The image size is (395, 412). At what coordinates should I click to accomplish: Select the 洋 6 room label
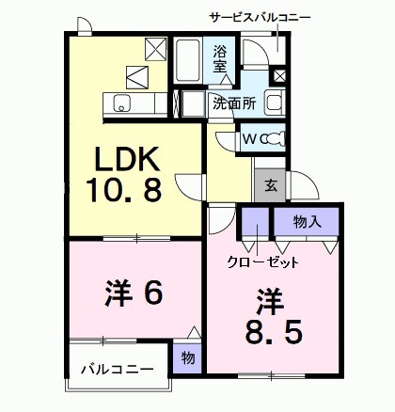pos(133,293)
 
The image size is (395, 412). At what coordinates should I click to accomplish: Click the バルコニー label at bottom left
pos(116,368)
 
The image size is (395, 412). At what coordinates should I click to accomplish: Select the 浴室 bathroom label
pos(219,58)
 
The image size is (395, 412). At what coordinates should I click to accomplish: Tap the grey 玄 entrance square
pos(269,185)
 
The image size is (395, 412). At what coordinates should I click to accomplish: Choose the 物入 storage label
pos(307,223)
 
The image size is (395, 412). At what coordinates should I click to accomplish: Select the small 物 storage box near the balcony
pos(186,357)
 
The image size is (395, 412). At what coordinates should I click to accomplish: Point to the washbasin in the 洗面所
pos(275,103)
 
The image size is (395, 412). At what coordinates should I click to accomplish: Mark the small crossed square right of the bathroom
pos(279,75)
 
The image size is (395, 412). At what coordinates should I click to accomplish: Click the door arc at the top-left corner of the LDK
pos(84,28)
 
